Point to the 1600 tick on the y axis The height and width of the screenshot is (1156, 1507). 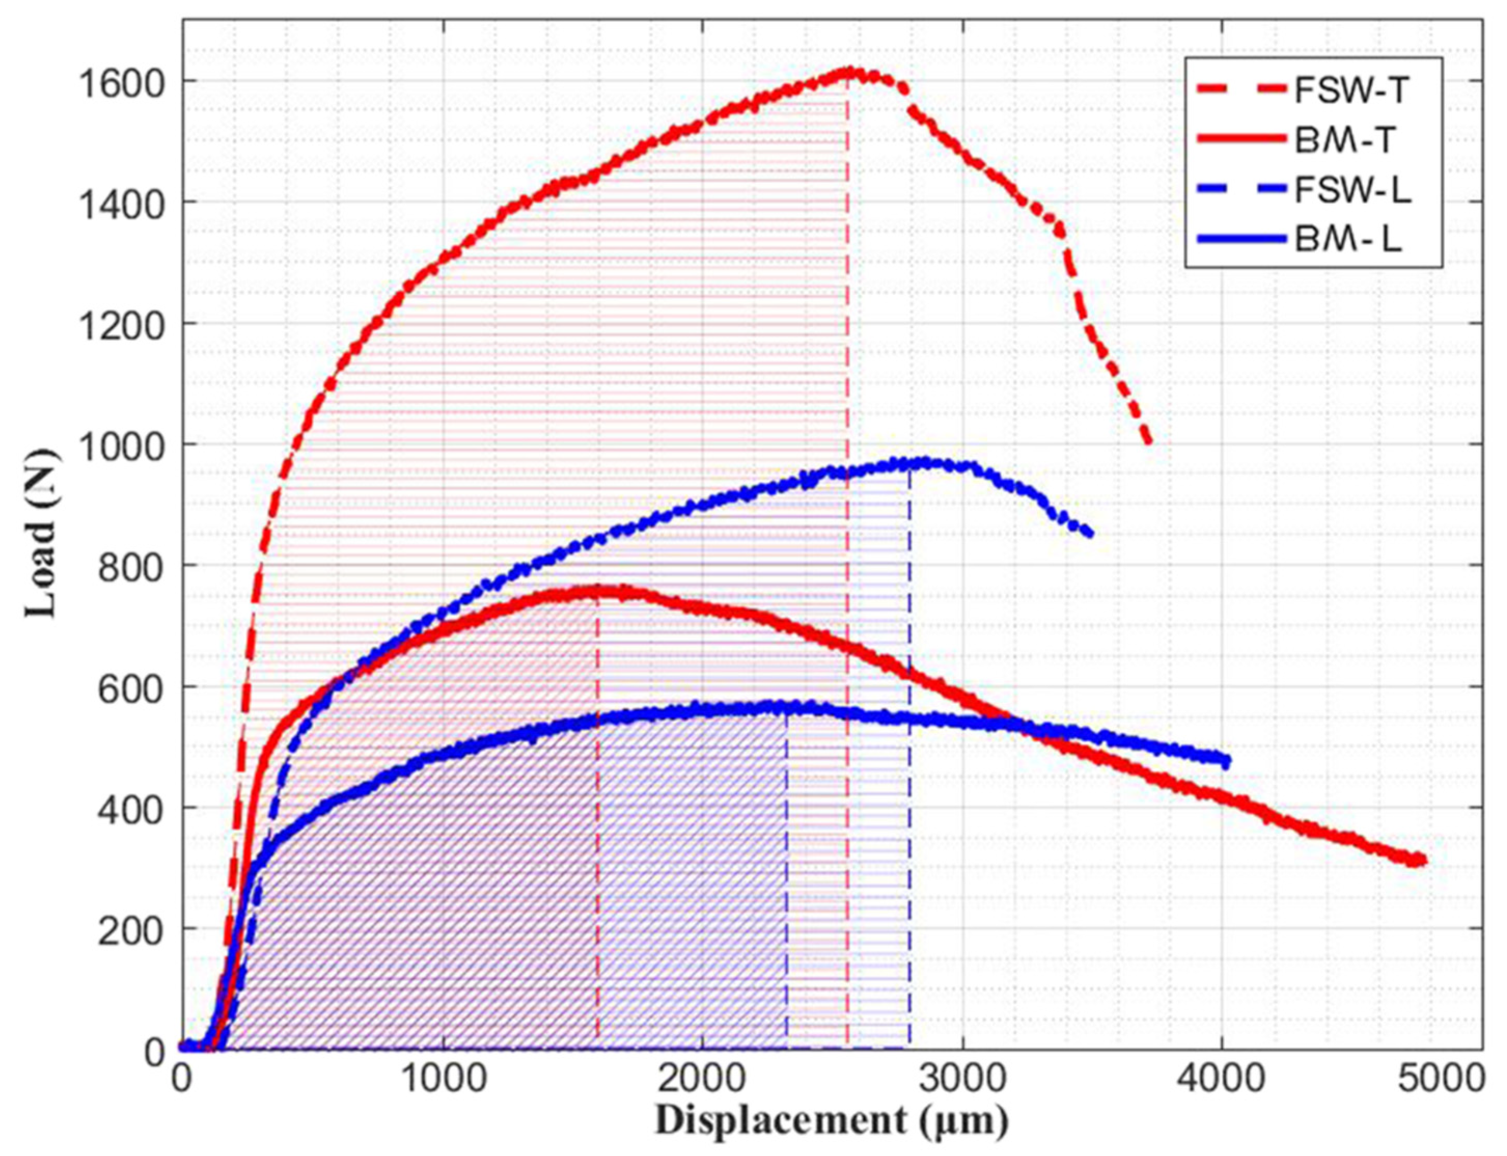point(120,82)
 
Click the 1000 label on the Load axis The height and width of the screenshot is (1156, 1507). point(120,444)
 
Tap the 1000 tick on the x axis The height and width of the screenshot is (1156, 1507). point(442,1080)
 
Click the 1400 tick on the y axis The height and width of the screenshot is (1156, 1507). point(120,202)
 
